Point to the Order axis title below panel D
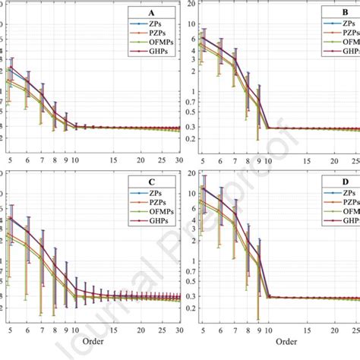tap(281, 343)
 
